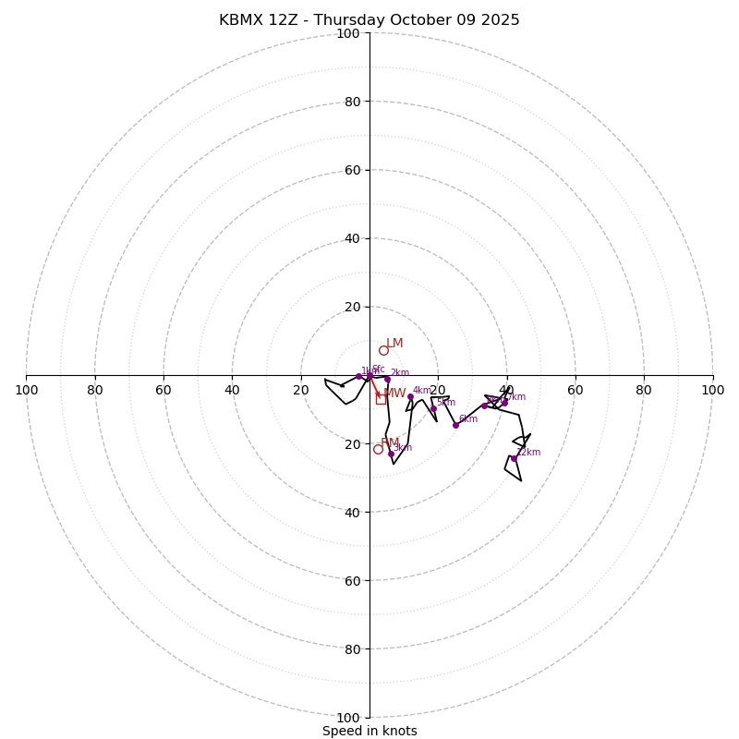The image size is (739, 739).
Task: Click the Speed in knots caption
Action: tap(369, 731)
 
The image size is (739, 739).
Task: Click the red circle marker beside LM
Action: tap(383, 350)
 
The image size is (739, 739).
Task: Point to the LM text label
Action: tap(394, 344)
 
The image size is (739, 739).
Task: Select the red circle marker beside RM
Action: tap(378, 449)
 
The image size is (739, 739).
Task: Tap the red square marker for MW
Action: tap(381, 399)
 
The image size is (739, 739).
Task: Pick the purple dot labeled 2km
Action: tap(387, 379)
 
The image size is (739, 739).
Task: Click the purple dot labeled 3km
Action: tap(391, 454)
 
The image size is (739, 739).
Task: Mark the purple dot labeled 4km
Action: tap(410, 396)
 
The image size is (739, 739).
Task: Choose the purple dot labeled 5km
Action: tap(433, 408)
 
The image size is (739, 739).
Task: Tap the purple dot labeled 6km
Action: tap(455, 425)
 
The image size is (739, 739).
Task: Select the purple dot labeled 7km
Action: tap(504, 403)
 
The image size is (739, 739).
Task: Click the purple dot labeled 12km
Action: tap(515, 458)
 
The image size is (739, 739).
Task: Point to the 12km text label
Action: tap(528, 453)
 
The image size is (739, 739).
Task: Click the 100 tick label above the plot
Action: tap(348, 33)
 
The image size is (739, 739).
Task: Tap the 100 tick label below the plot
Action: tap(348, 718)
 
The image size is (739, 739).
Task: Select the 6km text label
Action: tap(468, 419)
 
